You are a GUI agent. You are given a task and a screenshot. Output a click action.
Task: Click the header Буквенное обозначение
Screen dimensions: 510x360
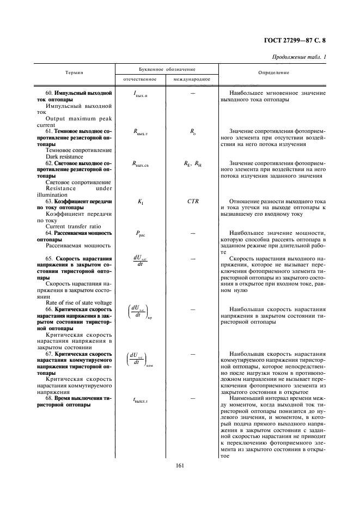point(166,69)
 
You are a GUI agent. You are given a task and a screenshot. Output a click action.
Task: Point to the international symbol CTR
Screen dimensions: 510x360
point(193,202)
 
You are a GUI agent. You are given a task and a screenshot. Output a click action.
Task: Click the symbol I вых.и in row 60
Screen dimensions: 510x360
point(140,94)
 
